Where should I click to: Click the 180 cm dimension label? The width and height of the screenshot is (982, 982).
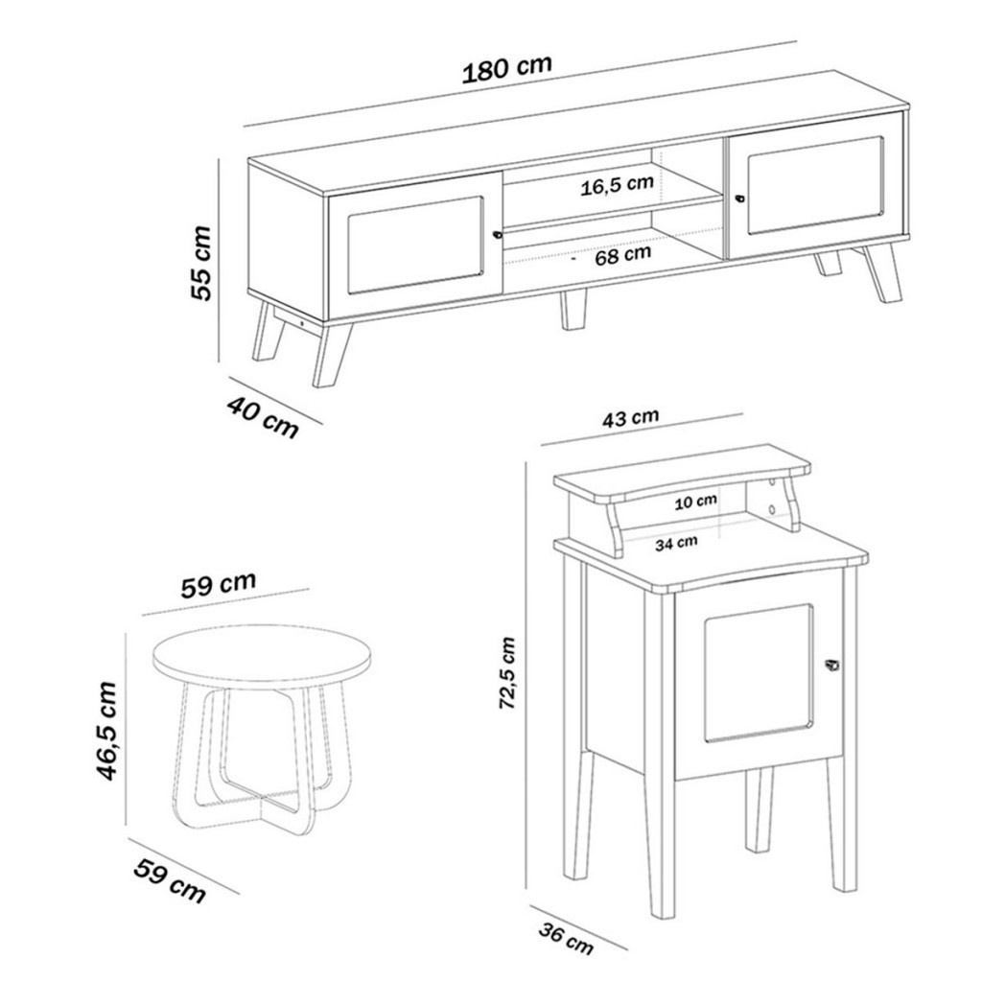[507, 68]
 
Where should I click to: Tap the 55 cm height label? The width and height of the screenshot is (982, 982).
[201, 263]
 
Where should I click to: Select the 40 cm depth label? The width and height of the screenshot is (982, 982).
[262, 416]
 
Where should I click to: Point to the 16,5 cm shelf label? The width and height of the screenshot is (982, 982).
[617, 185]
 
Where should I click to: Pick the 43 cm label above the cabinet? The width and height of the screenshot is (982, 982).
[631, 417]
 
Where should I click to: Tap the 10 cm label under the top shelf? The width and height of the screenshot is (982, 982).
[695, 502]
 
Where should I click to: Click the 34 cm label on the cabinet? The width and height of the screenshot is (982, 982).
[676, 543]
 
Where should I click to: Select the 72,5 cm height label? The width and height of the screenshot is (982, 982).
[506, 673]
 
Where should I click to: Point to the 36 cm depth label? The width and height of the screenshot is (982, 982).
[566, 938]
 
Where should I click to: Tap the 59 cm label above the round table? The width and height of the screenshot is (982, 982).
[219, 584]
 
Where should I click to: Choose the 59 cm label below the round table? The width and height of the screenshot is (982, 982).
[169, 882]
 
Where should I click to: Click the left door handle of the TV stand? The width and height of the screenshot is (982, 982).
[498, 235]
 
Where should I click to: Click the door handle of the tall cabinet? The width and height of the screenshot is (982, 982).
[832, 666]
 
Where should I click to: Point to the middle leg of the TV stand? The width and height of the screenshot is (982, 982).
[573, 310]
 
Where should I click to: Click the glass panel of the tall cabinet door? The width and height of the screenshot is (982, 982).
[760, 673]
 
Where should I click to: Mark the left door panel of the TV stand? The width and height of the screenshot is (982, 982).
[416, 245]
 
